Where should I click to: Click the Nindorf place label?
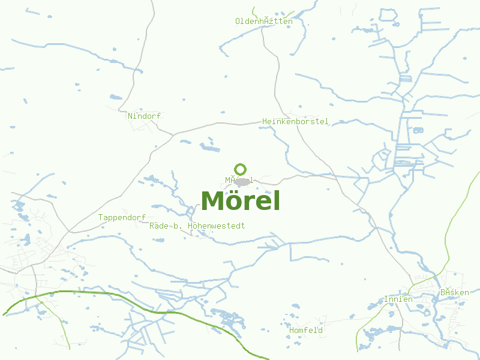[x=145, y=116]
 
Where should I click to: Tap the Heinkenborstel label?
[x=295, y=122]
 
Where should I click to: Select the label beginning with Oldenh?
[x=264, y=22]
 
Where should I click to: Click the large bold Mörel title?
[x=241, y=201]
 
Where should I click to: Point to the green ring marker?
[x=241, y=169]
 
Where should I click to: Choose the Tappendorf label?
[x=122, y=217]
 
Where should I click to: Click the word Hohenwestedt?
[x=216, y=226]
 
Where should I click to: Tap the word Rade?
[x=158, y=226]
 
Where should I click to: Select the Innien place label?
[x=398, y=299]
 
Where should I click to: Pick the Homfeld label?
[x=306, y=331]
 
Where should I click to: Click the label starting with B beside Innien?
[x=454, y=293]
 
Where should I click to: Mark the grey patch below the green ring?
[x=242, y=181]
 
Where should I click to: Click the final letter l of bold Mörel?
[x=277, y=200]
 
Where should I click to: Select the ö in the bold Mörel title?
[x=235, y=201]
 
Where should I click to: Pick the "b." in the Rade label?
[x=178, y=226]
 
